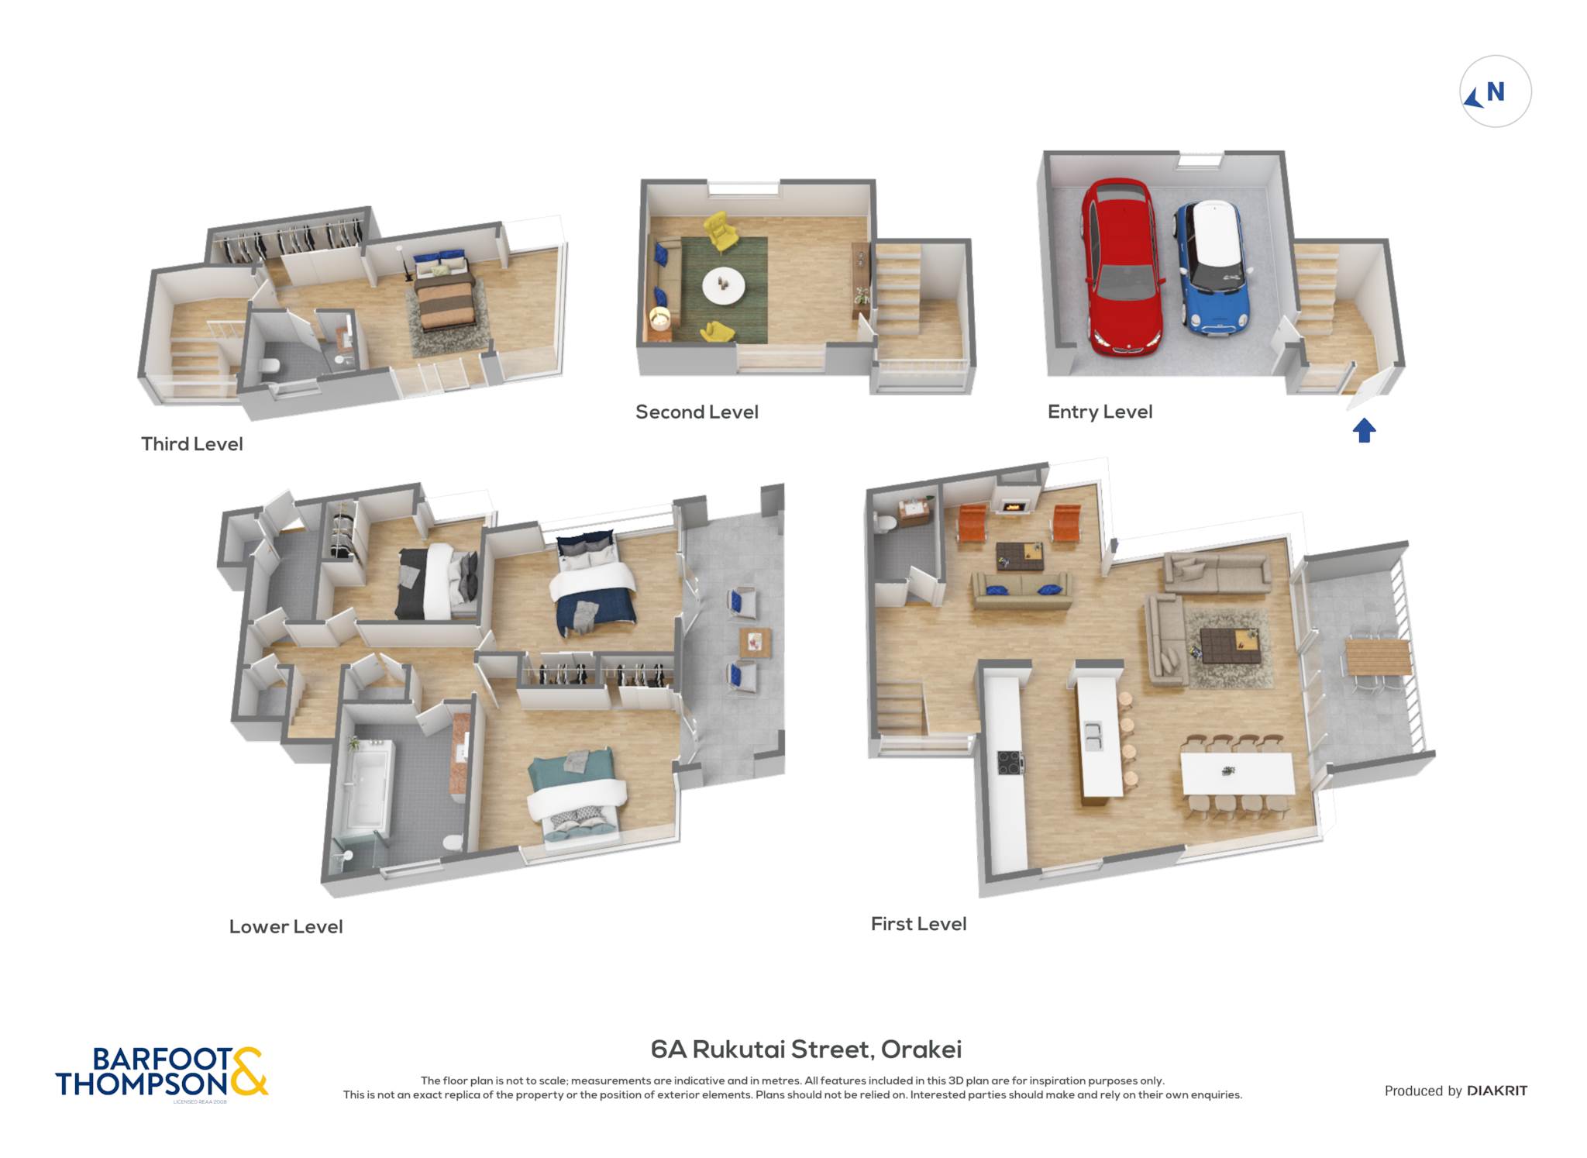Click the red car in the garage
[1123, 267]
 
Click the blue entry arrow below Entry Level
[1365, 430]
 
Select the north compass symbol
[1495, 91]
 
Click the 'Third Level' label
[192, 444]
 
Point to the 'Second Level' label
[697, 412]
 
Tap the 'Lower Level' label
[286, 927]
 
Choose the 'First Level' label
[919, 924]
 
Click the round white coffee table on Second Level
[724, 286]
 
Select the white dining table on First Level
[1238, 773]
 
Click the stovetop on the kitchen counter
[1010, 763]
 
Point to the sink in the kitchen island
[1093, 736]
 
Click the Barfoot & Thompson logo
[162, 1072]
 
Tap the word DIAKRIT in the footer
[1497, 1091]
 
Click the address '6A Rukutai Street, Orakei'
[806, 1049]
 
